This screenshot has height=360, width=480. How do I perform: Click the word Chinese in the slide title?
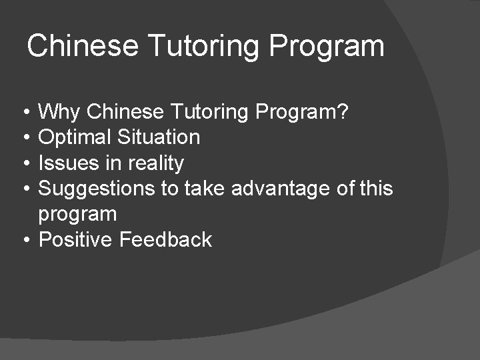click(x=83, y=46)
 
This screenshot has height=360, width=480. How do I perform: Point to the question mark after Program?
click(x=343, y=112)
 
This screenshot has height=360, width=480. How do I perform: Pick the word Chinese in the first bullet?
click(x=126, y=112)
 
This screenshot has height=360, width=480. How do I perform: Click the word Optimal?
click(x=75, y=137)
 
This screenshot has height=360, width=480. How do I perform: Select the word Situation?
click(x=159, y=137)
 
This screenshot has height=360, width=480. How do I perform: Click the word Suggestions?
click(x=97, y=189)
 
